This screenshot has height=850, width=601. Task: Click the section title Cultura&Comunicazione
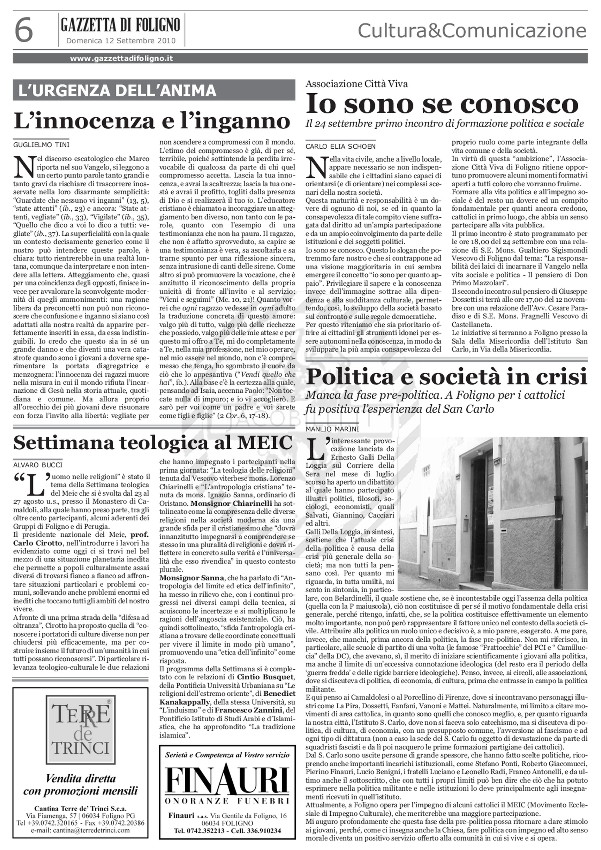(472, 31)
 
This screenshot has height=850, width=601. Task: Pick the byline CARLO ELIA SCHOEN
(340, 146)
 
